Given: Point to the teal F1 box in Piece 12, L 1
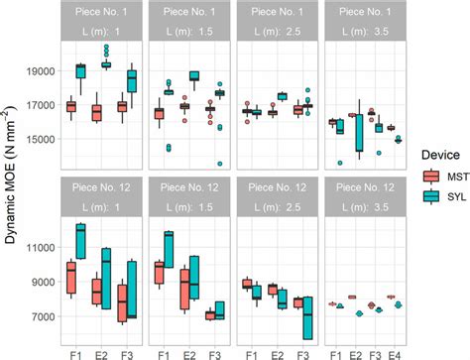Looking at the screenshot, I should click(81, 241).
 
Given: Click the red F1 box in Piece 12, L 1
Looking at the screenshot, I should click(70, 268).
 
